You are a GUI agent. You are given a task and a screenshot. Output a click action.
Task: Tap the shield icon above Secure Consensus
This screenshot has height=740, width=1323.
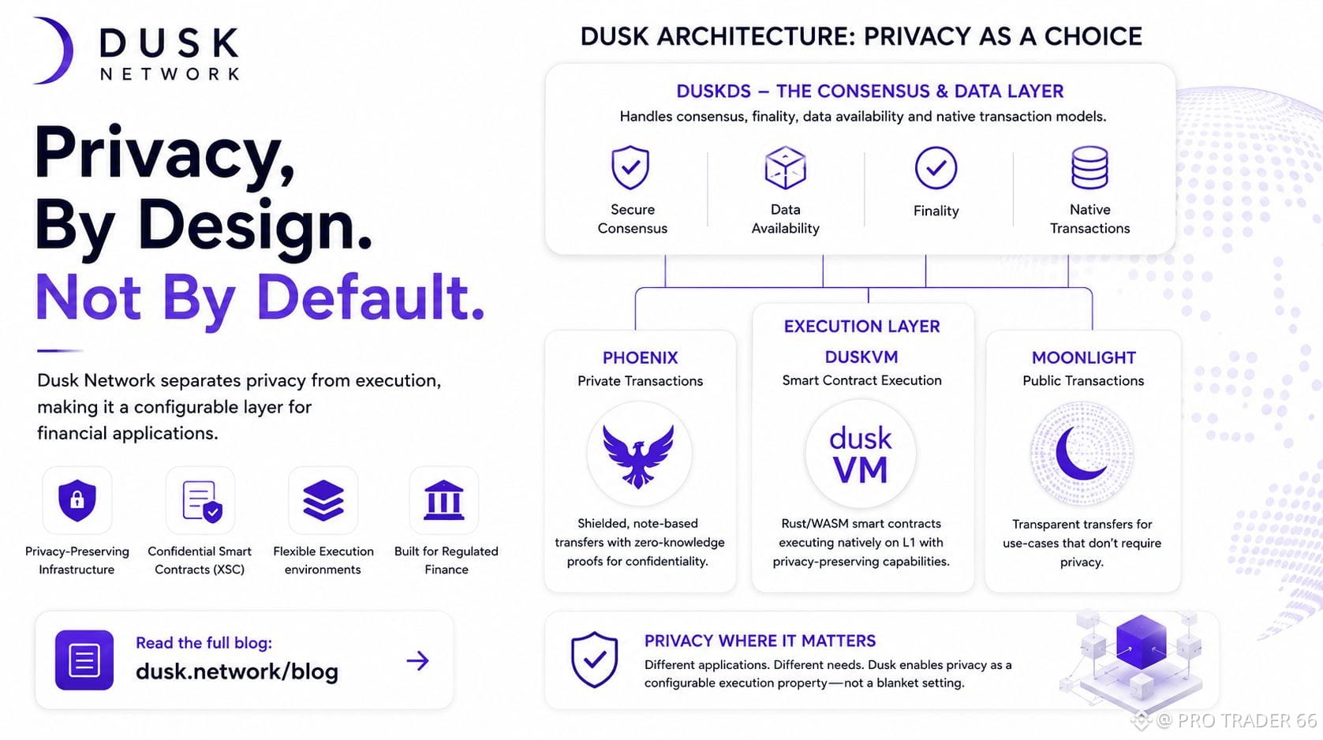(x=630, y=167)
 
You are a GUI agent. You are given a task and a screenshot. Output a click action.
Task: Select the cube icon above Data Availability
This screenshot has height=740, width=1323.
(x=785, y=168)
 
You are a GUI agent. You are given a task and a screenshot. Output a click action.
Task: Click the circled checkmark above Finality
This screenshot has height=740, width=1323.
(x=936, y=168)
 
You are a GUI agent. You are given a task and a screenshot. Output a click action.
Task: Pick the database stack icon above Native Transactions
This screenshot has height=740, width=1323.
(x=1089, y=168)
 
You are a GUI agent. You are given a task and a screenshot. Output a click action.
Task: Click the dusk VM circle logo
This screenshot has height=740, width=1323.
(x=861, y=454)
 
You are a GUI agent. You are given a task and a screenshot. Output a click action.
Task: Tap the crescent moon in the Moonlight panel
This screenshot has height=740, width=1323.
(x=1078, y=454)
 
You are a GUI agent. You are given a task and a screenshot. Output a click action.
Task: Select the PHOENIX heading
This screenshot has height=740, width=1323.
(x=641, y=357)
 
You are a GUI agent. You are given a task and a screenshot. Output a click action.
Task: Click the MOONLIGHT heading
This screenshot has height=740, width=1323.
(x=1084, y=357)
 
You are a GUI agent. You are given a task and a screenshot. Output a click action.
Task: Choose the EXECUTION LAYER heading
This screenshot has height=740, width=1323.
(x=861, y=326)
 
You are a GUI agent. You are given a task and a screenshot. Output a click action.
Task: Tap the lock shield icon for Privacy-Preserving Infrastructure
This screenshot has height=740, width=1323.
(x=77, y=500)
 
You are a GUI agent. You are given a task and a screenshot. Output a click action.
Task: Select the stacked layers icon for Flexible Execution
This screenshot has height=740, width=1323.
(x=323, y=500)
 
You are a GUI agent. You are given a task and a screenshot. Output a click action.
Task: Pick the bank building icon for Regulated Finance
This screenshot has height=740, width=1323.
(x=443, y=499)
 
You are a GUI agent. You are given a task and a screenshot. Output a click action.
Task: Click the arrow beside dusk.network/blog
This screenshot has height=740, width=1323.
(x=417, y=661)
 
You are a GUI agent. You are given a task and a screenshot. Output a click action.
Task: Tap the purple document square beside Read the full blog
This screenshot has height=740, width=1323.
(x=84, y=660)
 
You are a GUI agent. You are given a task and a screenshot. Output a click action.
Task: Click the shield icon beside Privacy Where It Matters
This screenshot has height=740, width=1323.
(x=594, y=659)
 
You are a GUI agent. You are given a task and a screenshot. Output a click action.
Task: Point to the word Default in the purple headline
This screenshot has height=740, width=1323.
(x=371, y=297)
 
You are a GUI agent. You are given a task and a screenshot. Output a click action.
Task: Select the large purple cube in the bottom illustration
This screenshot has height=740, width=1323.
(x=1141, y=641)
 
